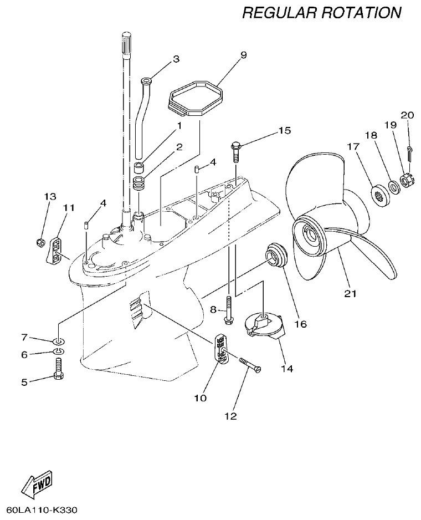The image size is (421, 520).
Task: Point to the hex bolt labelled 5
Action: point(58,369)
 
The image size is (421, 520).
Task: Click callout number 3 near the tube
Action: point(176,58)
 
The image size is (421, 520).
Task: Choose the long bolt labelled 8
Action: point(228,310)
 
